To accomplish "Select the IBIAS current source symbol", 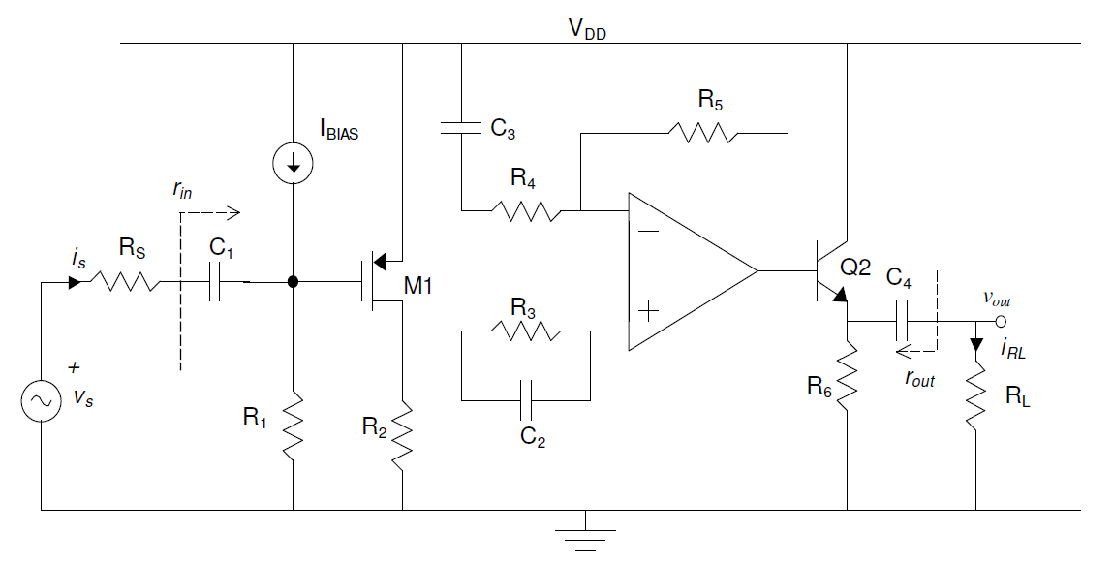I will (293, 163).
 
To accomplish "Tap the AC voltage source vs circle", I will (44, 400).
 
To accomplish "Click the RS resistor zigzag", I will (125, 283).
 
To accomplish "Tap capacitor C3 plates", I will (462, 126).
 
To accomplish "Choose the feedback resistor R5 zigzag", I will (704, 132).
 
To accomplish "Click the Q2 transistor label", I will (859, 268).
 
